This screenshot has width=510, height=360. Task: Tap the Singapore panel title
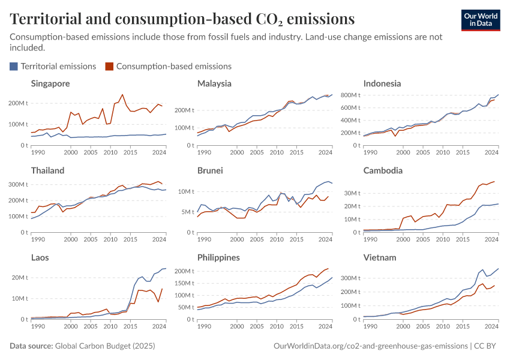coord(50,83)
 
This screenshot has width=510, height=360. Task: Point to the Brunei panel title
coord(210,170)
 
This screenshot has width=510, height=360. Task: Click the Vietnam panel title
coord(380,257)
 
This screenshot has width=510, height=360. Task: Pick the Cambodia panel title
coord(383,170)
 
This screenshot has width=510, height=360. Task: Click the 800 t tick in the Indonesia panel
coord(349,95)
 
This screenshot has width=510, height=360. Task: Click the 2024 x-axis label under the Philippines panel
coord(325,326)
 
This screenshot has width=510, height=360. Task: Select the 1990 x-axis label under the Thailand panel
coord(37,239)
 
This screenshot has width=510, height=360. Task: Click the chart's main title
coord(182,19)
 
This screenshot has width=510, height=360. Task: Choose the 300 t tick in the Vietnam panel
coord(349,278)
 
